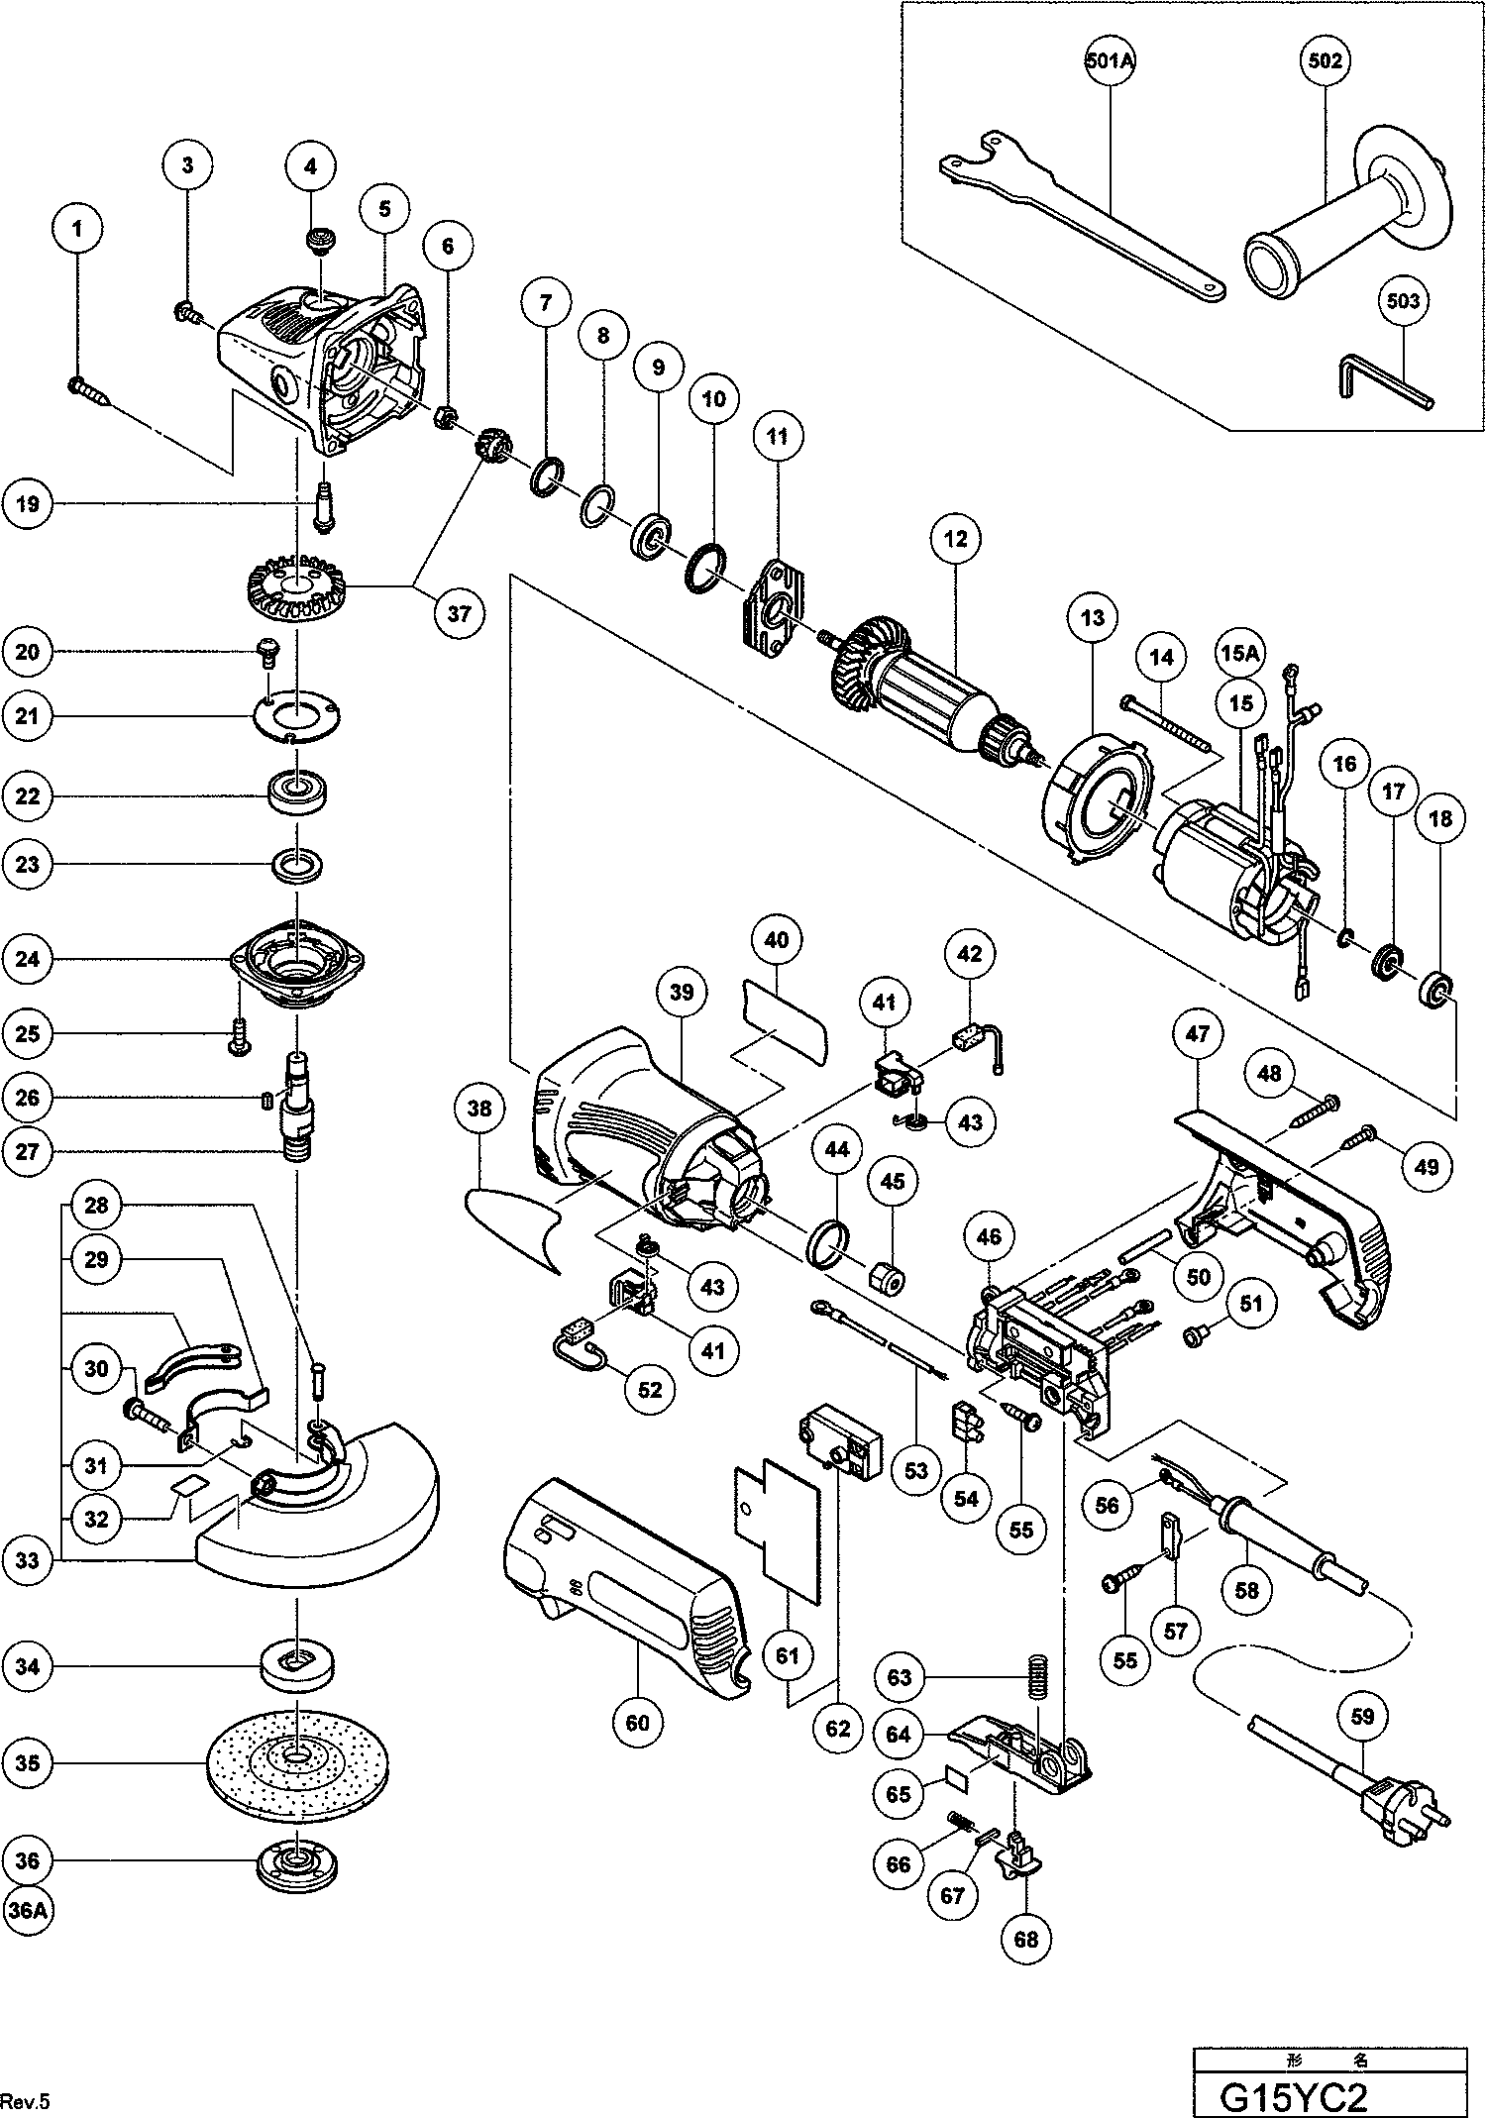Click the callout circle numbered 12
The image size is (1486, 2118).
[955, 540]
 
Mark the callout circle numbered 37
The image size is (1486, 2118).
[459, 613]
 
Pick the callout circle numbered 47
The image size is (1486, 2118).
[1198, 1034]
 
